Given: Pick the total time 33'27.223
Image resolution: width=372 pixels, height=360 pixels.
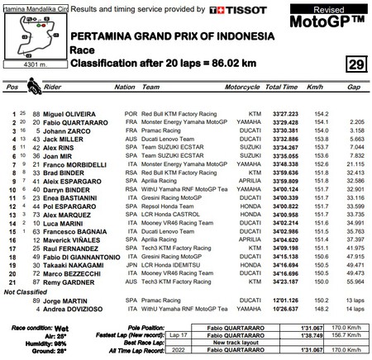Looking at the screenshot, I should coord(284,136).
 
